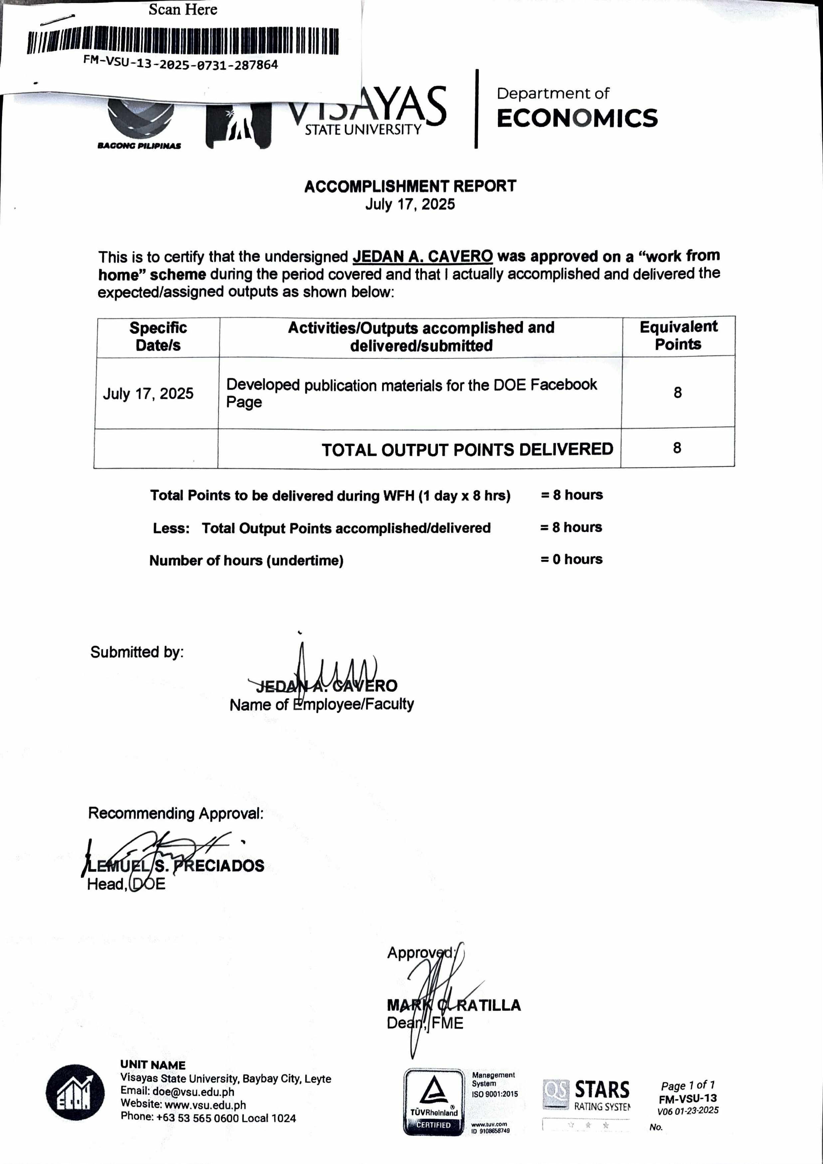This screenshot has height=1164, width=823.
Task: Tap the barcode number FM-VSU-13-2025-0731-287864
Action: pyautogui.click(x=181, y=65)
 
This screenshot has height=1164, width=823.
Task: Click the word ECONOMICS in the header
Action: pyautogui.click(x=577, y=118)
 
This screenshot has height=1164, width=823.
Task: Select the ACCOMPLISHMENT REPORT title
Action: pyautogui.click(x=410, y=186)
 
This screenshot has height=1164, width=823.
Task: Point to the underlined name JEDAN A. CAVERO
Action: pyautogui.click(x=423, y=256)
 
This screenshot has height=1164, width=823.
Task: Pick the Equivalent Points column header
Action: pyautogui.click(x=678, y=335)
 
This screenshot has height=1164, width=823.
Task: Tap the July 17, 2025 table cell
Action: pyautogui.click(x=148, y=393)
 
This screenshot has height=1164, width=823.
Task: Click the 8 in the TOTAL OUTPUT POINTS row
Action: pyautogui.click(x=677, y=448)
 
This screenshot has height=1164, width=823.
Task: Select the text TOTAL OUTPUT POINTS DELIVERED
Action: pyautogui.click(x=467, y=449)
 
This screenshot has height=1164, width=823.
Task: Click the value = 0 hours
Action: pyautogui.click(x=571, y=559)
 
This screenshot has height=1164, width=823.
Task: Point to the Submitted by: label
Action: pyautogui.click(x=137, y=652)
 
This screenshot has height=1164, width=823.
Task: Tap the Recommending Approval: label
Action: pyautogui.click(x=176, y=813)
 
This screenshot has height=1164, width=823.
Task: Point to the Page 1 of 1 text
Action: pyautogui.click(x=688, y=1086)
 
